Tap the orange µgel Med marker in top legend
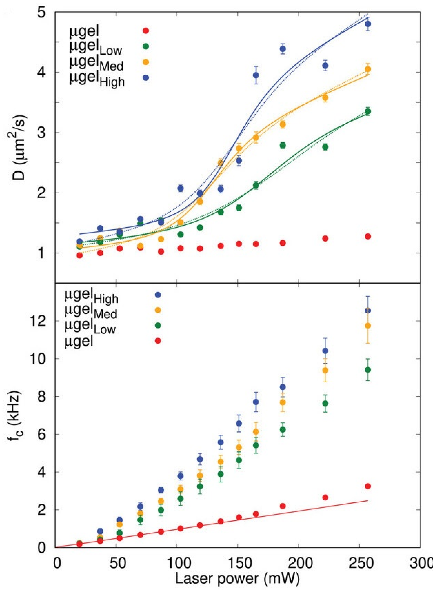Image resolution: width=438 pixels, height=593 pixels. tap(145, 62)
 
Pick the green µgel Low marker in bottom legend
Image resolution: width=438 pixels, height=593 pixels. tap(158, 325)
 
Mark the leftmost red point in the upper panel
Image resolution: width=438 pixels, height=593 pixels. tap(79, 255)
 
